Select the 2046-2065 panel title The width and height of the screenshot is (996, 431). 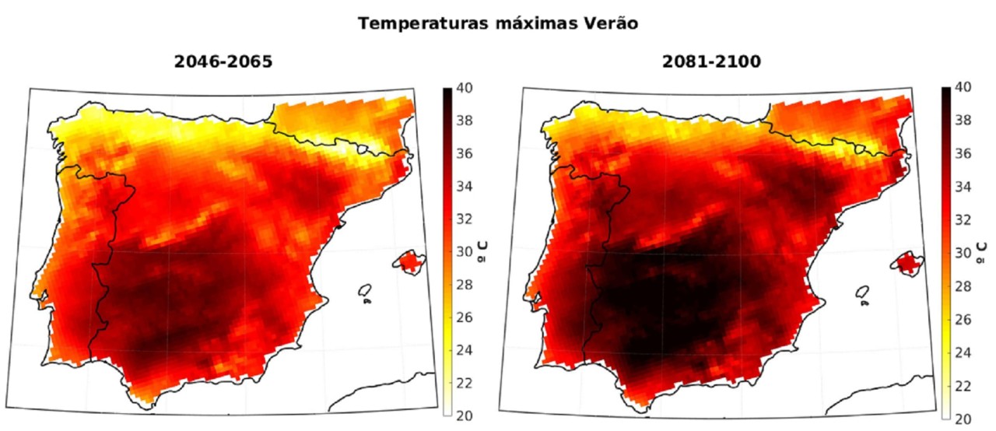(223, 62)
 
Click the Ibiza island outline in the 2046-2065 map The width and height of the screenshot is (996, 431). (364, 291)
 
